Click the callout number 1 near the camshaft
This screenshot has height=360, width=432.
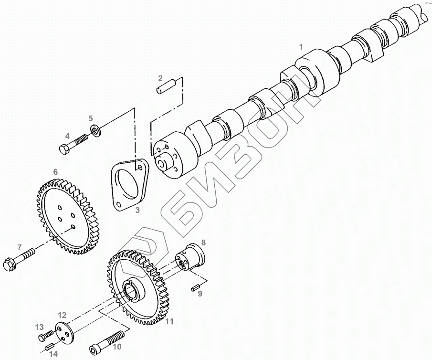point(301,46)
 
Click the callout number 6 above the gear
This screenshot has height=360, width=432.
point(55,171)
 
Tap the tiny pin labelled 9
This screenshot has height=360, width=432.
point(195,286)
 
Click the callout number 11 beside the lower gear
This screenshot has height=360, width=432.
point(169,321)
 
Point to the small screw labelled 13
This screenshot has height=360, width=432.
point(46,337)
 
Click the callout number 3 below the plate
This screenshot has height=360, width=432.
point(137,210)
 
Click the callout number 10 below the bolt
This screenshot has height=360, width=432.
point(117,346)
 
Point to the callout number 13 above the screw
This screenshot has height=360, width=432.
point(39,327)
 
